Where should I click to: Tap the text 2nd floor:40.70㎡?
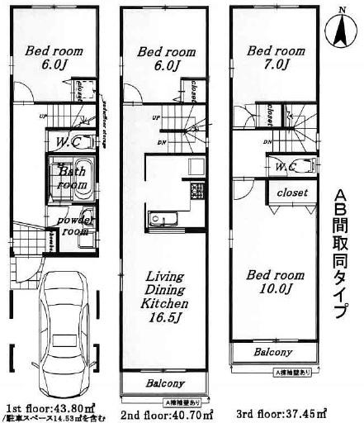coord(168,412)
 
